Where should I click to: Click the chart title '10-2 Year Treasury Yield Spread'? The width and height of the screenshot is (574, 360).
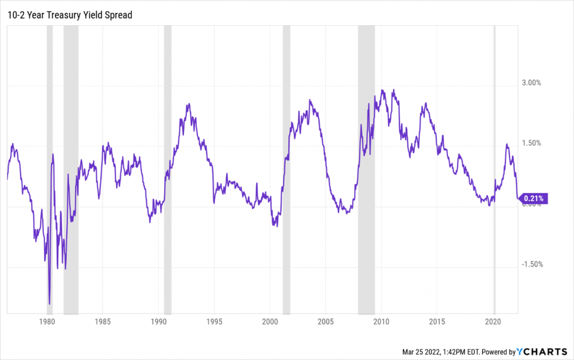69,15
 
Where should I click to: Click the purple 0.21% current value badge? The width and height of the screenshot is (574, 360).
533,198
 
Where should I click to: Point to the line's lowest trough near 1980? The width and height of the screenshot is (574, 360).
49,303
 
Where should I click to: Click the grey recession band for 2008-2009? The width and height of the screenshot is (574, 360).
367,168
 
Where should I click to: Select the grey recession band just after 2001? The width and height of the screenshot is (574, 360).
286,168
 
